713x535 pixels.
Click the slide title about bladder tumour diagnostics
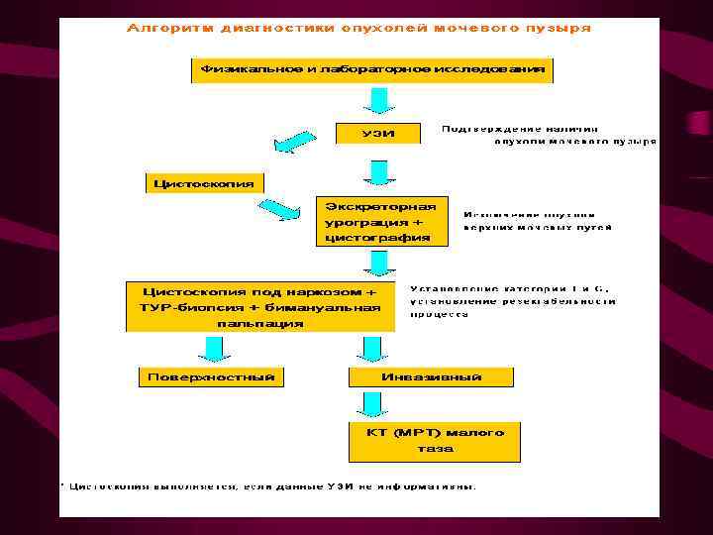coord(358,28)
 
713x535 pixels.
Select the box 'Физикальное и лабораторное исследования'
coord(372,70)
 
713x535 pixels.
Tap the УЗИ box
coord(378,134)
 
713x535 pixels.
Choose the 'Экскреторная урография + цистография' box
coord(380,221)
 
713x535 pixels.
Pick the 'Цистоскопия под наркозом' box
coord(260,307)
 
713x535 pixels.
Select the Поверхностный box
coord(211,376)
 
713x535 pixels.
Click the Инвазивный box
coord(432,376)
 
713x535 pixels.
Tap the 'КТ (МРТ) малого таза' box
coord(434,440)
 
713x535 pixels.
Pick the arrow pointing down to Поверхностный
coord(213,348)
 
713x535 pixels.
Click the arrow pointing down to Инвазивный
coord(371,348)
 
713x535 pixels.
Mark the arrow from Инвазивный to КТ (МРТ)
coord(371,404)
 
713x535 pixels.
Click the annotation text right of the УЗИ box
coord(547,135)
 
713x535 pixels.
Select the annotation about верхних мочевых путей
coord(537,220)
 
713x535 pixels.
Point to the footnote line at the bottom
coord(267,486)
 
